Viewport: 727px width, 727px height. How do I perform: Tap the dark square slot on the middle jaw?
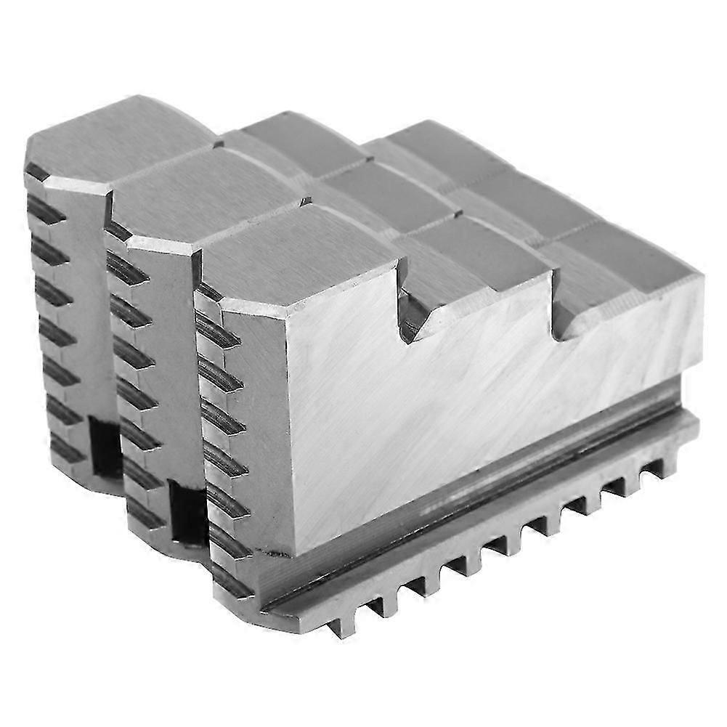pyautogui.click(x=185, y=512)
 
